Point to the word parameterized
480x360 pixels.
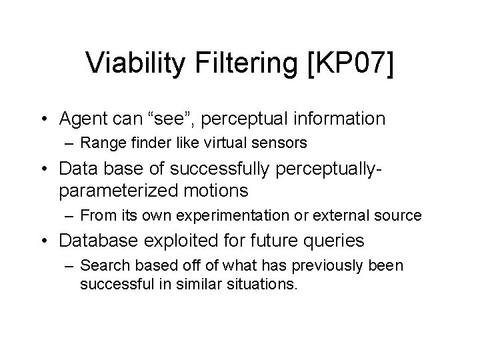(117, 191)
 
